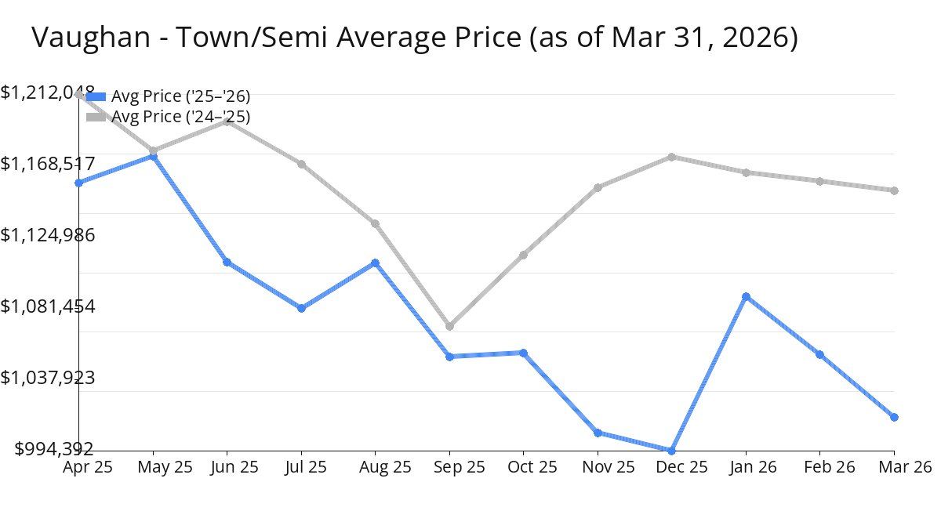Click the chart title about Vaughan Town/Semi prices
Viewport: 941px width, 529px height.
pos(414,38)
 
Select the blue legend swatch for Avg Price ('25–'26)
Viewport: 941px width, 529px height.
pos(96,96)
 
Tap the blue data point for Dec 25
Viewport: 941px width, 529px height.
pos(671,450)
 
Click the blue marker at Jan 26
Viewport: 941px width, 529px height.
pos(746,296)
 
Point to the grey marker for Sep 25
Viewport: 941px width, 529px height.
pos(449,326)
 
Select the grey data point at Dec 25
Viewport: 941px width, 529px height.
pos(672,157)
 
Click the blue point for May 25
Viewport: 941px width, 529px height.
pos(153,157)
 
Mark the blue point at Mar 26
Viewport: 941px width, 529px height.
pos(894,417)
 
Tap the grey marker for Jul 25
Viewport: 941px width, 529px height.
pos(301,164)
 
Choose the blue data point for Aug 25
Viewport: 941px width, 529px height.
pos(376,263)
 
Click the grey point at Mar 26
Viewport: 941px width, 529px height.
pos(894,190)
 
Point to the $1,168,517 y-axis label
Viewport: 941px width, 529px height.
pos(48,164)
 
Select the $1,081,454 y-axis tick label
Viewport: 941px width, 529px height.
pos(48,306)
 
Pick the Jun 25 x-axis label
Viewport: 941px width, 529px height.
pos(227,467)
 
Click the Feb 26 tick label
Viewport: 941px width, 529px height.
pos(819,467)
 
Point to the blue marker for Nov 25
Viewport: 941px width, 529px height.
pos(598,433)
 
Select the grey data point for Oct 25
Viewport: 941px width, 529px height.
pos(523,255)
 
